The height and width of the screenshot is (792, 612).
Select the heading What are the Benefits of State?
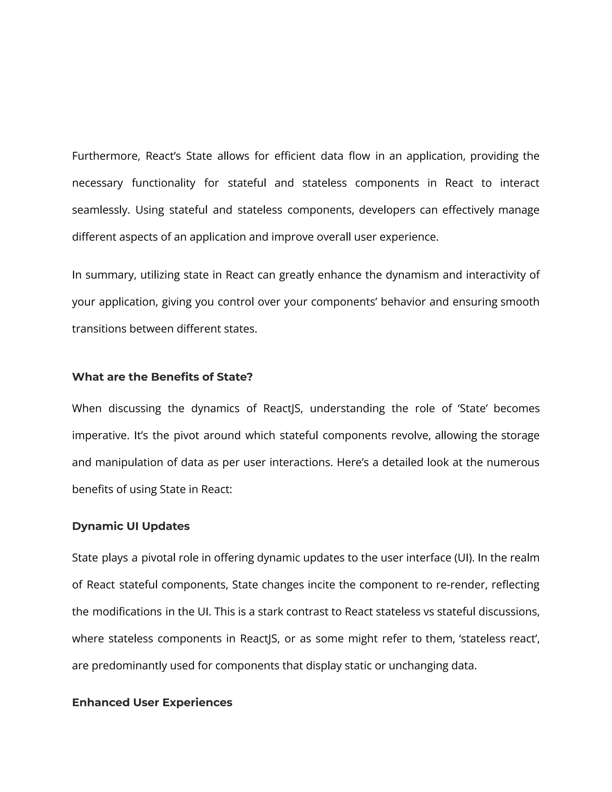pyautogui.click(x=162, y=377)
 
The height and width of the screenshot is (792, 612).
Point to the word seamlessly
pyautogui.click(x=100, y=210)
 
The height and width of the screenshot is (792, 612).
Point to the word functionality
pyautogui.click(x=163, y=183)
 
